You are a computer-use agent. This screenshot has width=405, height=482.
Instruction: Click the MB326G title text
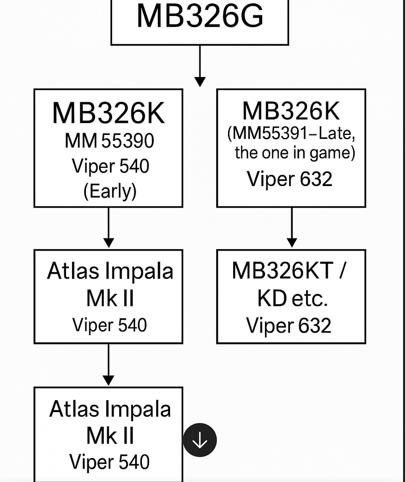(x=200, y=16)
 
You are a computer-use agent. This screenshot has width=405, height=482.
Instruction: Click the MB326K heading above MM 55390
(x=108, y=113)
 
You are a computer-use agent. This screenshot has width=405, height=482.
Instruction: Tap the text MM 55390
(x=109, y=141)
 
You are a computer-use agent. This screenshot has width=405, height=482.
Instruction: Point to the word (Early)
(x=110, y=191)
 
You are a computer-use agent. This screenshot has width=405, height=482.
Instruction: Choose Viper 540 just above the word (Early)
(x=111, y=166)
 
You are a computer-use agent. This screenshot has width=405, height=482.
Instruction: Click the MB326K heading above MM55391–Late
(x=291, y=111)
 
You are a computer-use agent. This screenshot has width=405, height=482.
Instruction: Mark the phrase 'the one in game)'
(x=295, y=153)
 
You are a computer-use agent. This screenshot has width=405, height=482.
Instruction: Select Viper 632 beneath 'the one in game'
(x=290, y=179)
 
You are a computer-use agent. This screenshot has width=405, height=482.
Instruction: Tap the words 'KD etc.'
(x=293, y=299)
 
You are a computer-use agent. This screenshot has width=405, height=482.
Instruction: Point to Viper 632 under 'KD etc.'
(x=289, y=325)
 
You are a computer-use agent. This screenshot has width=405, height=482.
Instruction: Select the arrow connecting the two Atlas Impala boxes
(x=109, y=364)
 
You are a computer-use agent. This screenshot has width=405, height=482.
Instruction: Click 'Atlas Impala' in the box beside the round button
(x=110, y=409)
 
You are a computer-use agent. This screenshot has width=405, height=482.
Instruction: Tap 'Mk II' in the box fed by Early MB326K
(x=110, y=299)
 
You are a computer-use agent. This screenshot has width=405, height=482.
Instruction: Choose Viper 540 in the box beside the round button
(x=110, y=462)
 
